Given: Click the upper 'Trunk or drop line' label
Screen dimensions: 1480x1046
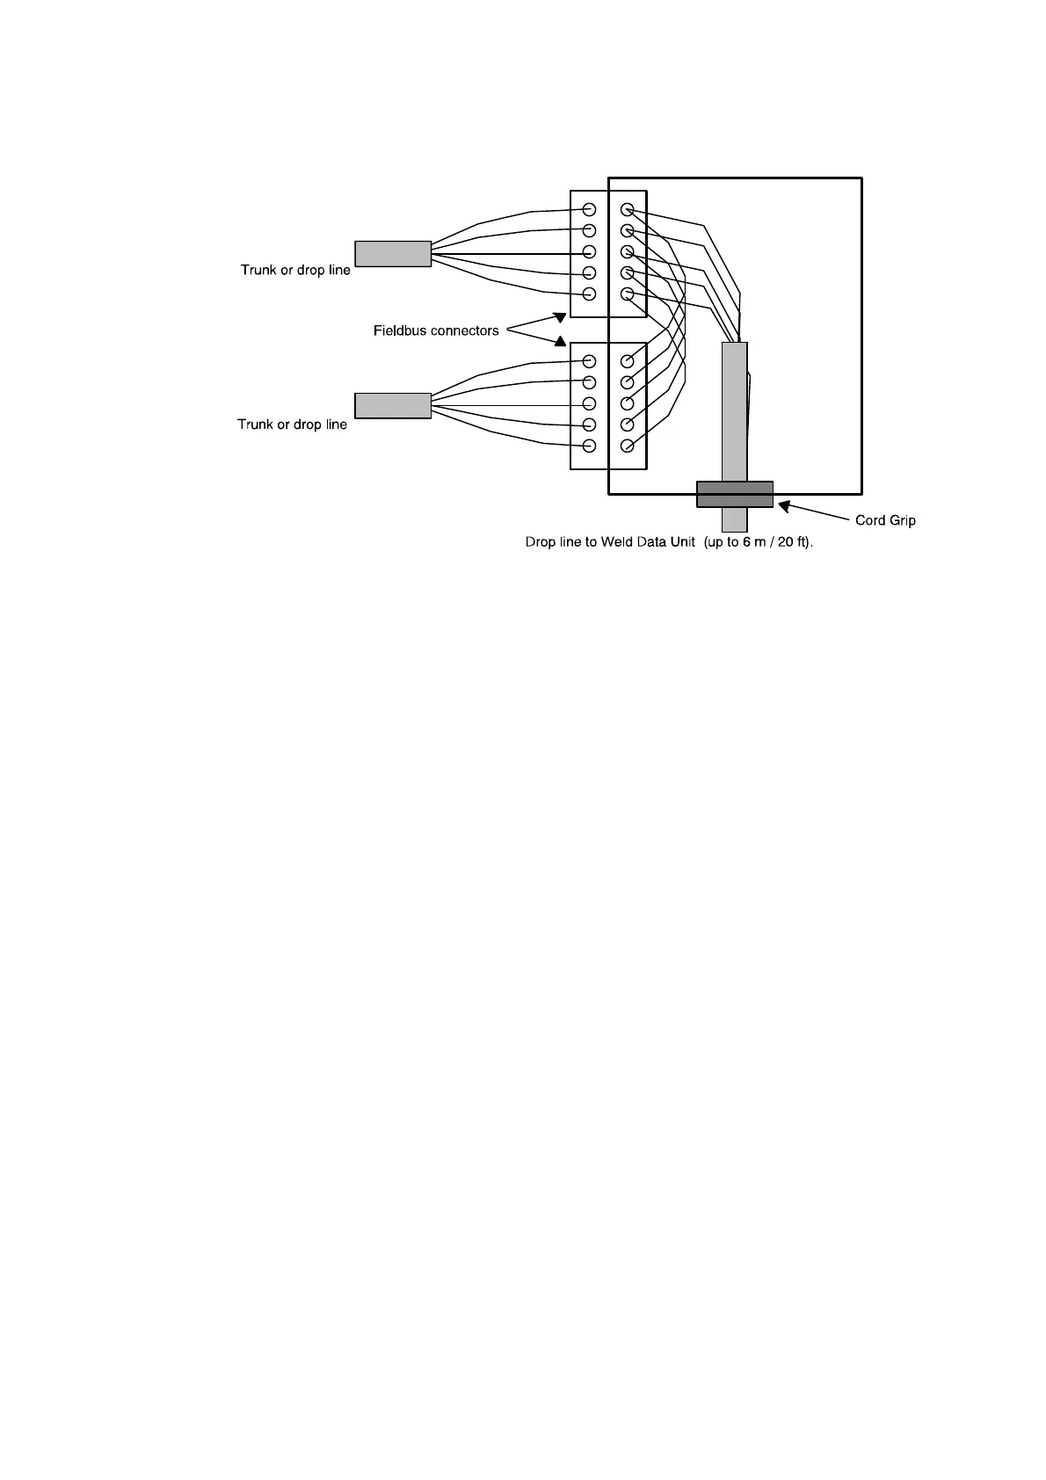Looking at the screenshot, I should tap(295, 270).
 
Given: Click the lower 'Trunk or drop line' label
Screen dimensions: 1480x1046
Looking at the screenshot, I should tap(292, 424).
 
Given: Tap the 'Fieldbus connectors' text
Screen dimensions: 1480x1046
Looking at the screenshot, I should tap(436, 331).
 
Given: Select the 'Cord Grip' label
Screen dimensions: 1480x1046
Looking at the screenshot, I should tap(885, 520).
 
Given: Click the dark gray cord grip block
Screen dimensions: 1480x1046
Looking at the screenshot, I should tap(735, 494).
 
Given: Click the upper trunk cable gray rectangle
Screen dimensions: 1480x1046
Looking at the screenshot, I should tap(393, 254).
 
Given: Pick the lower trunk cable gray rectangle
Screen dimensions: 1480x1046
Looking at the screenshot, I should tap(393, 405).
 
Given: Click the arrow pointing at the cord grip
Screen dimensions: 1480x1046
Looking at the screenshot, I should tap(813, 511).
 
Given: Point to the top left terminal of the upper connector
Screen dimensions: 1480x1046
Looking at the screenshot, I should tap(590, 210).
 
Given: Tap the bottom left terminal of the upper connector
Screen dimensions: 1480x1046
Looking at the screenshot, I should tap(590, 294).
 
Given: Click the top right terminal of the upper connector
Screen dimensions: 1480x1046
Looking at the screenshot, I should tap(627, 210).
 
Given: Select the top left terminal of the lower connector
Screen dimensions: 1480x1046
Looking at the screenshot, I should tap(590, 361).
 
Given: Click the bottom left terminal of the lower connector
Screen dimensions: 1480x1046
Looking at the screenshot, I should tap(590, 446).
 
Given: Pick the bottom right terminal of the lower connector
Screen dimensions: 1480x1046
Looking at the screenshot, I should tap(627, 446).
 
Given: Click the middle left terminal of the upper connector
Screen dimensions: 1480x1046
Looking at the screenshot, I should tap(590, 252).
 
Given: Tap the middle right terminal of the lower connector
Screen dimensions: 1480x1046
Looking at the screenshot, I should tap(627, 404).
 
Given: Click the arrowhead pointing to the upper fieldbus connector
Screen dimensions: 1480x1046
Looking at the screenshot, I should tap(560, 316).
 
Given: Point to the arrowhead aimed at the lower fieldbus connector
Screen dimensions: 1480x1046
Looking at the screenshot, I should tap(560, 341).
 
